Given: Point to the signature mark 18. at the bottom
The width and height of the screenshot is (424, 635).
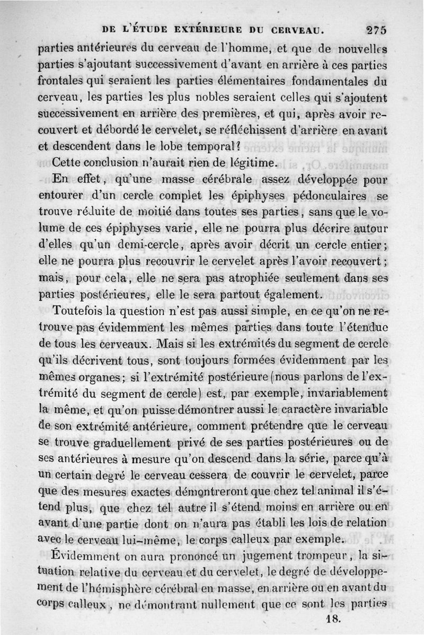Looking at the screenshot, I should [333, 619].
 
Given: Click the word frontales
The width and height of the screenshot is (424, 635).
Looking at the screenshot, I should [65, 82].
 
